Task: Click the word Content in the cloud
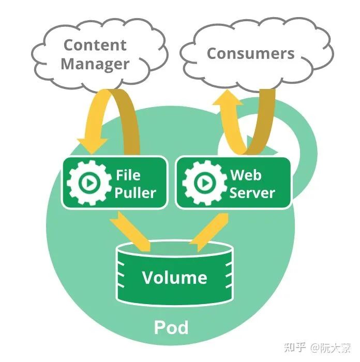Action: click(95, 45)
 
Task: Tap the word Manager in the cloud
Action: click(95, 64)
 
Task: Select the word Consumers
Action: click(250, 53)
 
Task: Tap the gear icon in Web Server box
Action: click(204, 183)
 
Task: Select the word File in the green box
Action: click(128, 174)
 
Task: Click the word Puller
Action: click(135, 193)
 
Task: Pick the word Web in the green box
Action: click(246, 174)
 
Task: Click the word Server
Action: click(252, 193)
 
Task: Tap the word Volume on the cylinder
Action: click(174, 278)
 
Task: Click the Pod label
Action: click(171, 327)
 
